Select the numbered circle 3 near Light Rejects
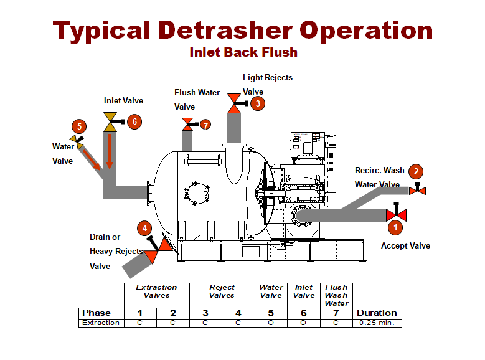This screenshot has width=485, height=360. [257, 104]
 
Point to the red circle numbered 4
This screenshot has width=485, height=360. [144, 228]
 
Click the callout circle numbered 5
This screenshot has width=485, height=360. [78, 126]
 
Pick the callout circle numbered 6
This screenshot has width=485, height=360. [134, 121]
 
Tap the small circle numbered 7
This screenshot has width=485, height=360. [206, 125]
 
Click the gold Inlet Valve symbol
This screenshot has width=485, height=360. [110, 122]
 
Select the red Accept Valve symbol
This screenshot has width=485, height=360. [396, 215]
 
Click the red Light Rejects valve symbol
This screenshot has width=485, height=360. [235, 103]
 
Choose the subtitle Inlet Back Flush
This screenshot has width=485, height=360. [243, 52]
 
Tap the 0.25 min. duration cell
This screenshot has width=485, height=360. [377, 323]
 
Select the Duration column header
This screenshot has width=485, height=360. [377, 313]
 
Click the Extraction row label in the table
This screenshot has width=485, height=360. [101, 323]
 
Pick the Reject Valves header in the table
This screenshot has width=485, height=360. [222, 291]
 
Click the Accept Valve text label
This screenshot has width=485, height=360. [405, 246]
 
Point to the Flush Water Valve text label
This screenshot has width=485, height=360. [196, 99]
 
